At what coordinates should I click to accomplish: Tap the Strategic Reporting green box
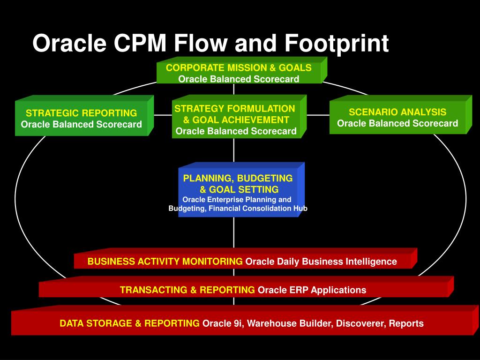coord(82,119)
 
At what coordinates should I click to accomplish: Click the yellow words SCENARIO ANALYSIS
coord(397,112)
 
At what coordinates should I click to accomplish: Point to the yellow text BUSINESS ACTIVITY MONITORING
coord(165,262)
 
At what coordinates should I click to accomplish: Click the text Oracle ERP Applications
coord(312,290)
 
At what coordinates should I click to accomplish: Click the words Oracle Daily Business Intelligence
coord(321,262)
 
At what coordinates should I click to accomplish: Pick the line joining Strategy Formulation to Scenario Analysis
coord(318,115)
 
